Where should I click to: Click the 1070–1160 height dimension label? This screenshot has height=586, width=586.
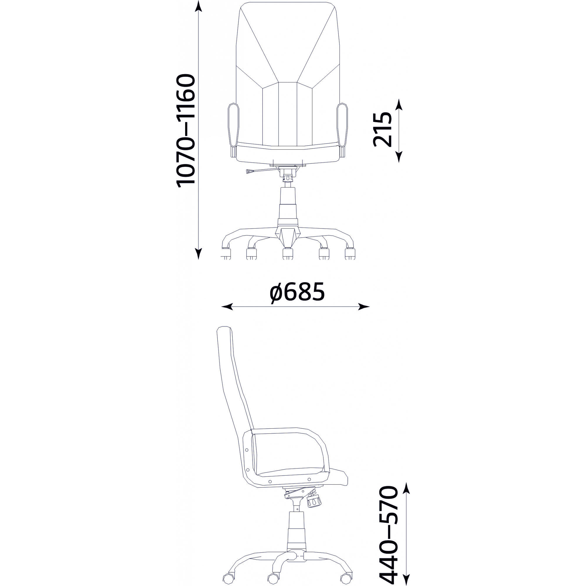pos(185,131)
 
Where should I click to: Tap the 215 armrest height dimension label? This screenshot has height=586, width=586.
pos(382,130)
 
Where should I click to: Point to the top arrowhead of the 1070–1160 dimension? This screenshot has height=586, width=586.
pos(198,6)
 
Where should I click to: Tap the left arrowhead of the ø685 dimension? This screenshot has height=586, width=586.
pos(227,307)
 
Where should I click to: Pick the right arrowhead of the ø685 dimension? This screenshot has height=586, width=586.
pos(364,307)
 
